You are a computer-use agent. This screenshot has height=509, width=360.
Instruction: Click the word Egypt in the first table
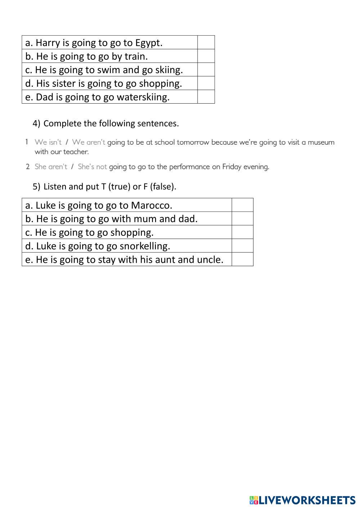149,43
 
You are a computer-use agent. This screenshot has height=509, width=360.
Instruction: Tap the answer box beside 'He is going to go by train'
206,56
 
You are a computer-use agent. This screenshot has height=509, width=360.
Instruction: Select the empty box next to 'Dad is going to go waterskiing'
206,97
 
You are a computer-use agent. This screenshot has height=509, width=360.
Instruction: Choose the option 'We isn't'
48,142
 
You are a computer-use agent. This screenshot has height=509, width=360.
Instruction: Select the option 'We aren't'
89,142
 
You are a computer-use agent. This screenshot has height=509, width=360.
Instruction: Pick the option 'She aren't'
51,167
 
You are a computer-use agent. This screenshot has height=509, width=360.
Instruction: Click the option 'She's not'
92,167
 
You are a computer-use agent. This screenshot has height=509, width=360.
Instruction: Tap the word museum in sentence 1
321,142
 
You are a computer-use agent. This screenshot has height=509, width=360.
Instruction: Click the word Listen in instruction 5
55,186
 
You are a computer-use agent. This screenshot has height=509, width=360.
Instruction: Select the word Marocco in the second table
152,205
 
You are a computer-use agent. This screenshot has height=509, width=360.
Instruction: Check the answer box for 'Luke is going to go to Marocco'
242,205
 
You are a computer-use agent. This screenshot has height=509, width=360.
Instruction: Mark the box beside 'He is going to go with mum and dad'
242,219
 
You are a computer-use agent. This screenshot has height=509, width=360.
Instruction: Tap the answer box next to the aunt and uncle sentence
242,259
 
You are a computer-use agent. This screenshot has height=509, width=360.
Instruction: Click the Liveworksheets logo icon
254,500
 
